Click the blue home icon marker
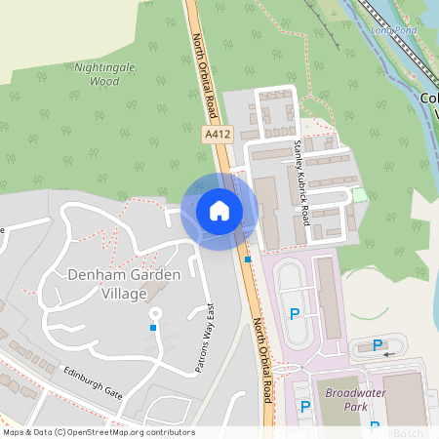point(219,211)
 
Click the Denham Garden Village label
point(124,284)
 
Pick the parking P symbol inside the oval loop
point(295,314)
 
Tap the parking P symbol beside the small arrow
point(378,344)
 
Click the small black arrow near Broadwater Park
point(389,355)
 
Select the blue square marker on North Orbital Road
point(249,259)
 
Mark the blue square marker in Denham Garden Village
point(153,328)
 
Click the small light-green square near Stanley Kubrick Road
point(359,195)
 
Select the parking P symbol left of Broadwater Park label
point(305,406)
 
